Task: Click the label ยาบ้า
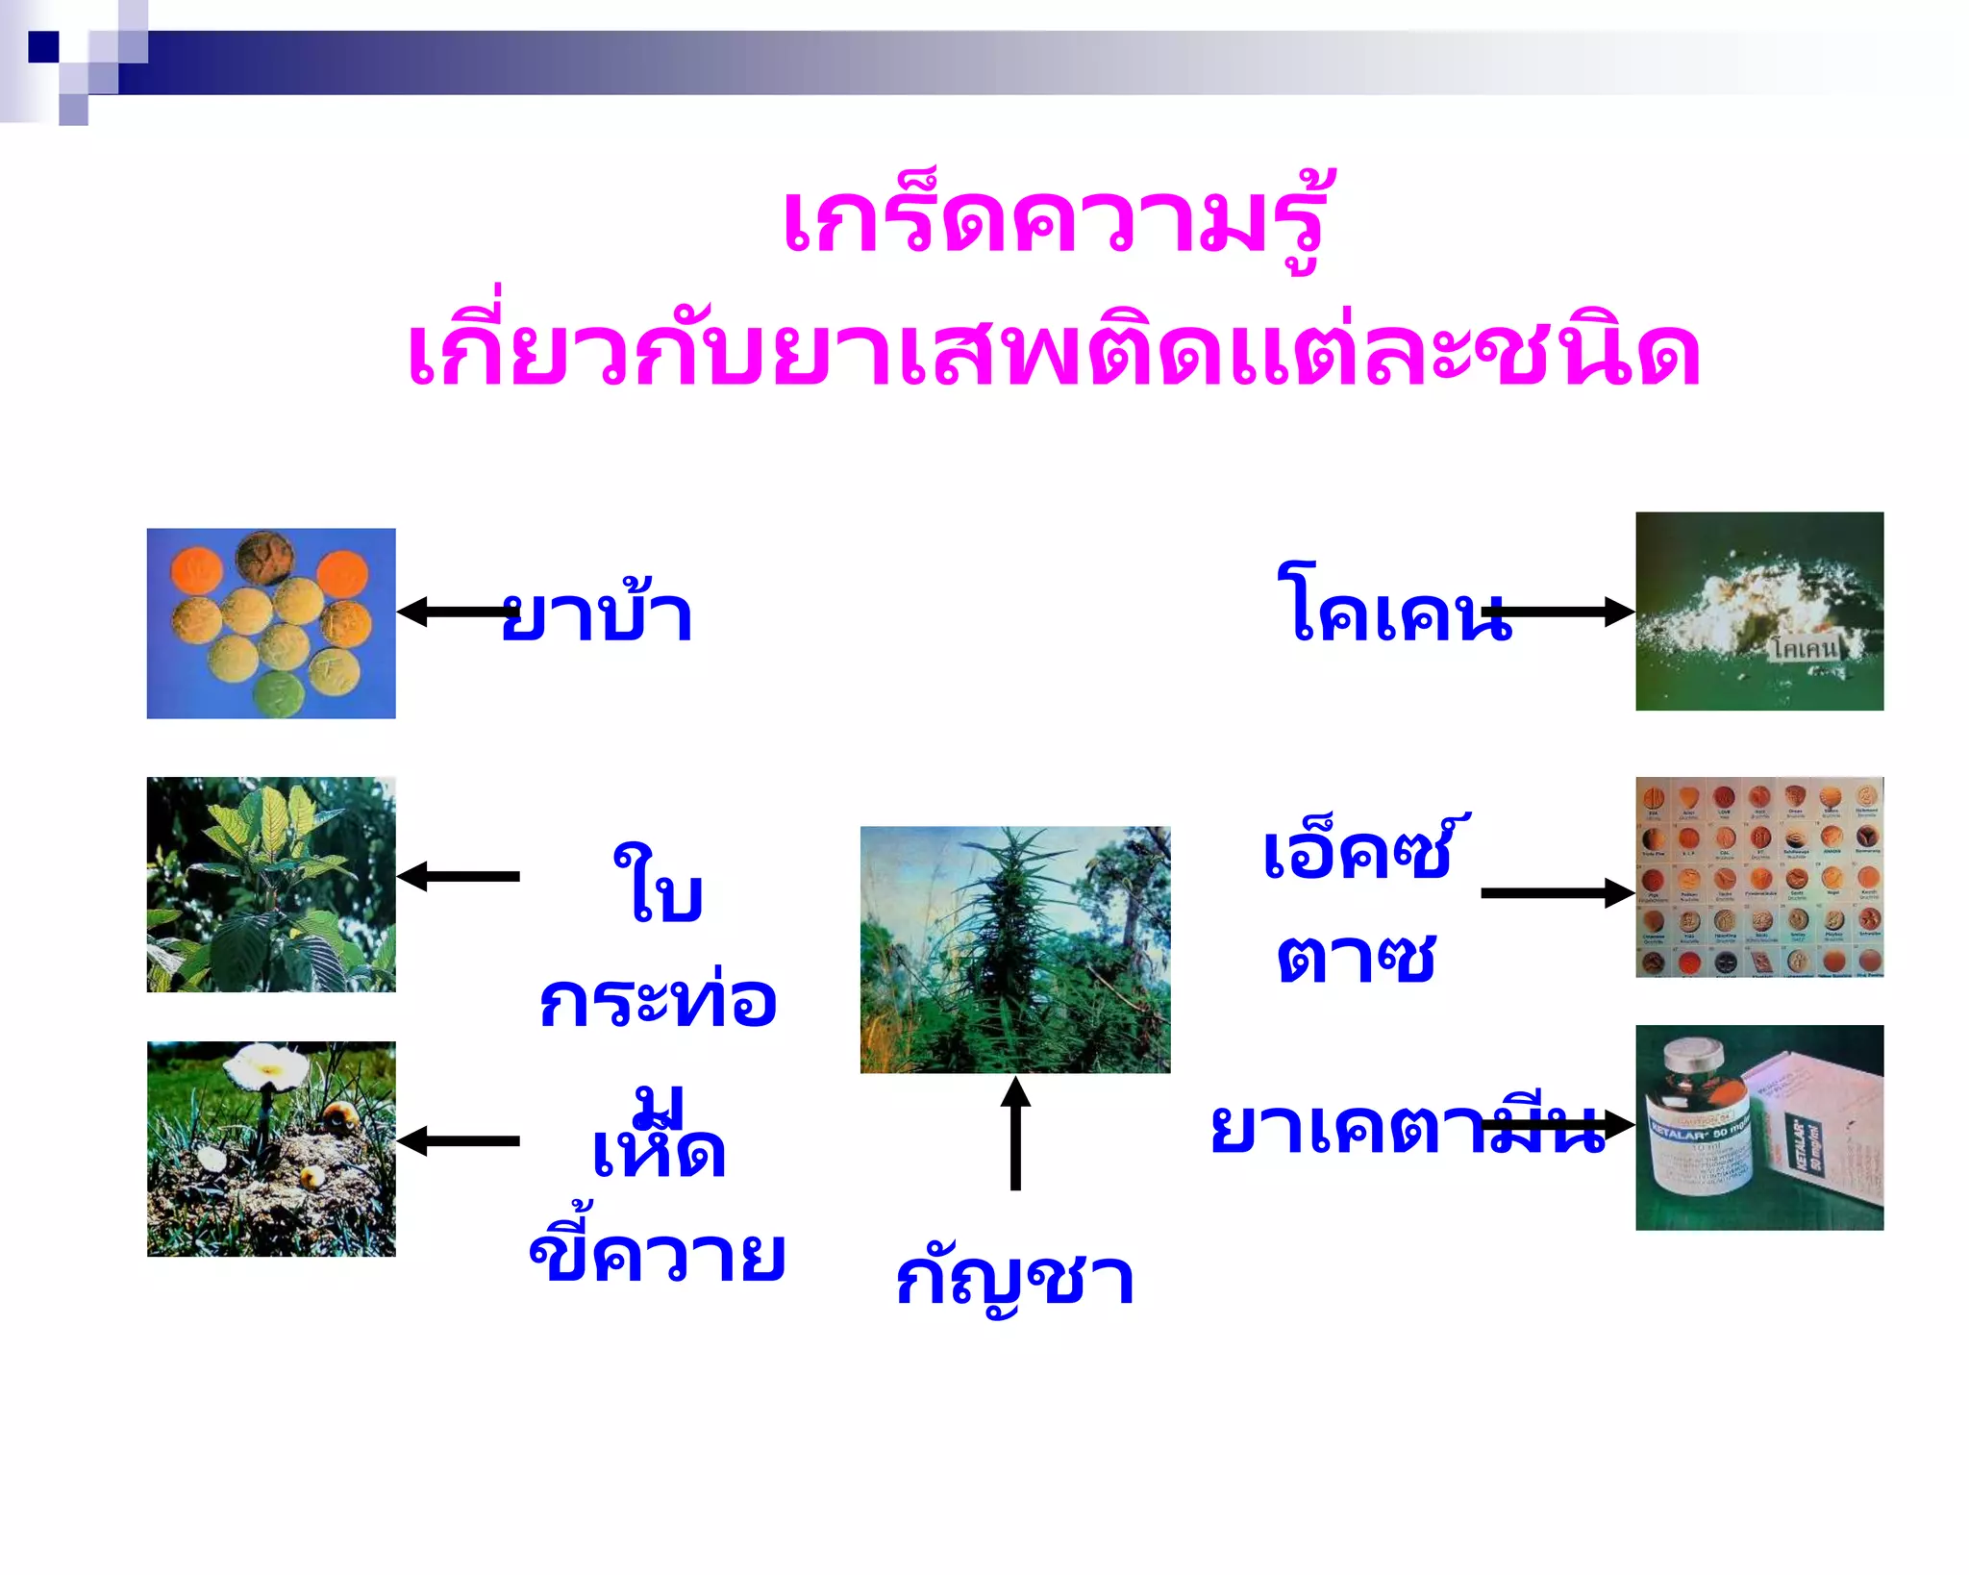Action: coord(597,614)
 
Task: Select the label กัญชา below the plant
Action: coord(1014,1280)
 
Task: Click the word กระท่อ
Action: coord(658,1001)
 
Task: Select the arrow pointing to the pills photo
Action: coord(458,612)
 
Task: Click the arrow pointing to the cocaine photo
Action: coord(1558,612)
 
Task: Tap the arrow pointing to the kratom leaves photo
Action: coord(458,876)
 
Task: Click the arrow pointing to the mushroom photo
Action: coord(458,1141)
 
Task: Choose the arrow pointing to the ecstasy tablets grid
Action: coord(1558,893)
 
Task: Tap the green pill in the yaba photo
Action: coord(278,693)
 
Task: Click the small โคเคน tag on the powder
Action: coord(1805,648)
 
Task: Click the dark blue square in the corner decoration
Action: coord(43,46)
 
